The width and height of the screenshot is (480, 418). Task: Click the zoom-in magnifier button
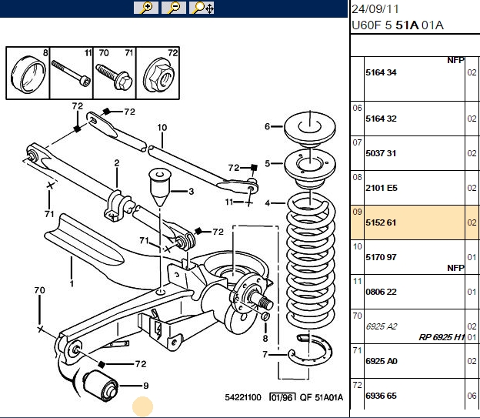click(146, 8)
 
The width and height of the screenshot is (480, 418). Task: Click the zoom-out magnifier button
click(174, 8)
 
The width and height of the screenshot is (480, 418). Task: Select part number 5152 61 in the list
click(381, 222)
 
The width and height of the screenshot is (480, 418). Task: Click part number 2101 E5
click(381, 188)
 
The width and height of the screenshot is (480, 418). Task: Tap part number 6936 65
click(381, 396)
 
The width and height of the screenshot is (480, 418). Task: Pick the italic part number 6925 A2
click(381, 326)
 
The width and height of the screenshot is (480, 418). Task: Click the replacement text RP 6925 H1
click(442, 337)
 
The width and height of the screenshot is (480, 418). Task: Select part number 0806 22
click(381, 292)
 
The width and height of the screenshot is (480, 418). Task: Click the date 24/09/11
click(375, 9)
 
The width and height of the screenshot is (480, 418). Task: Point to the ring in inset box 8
click(28, 74)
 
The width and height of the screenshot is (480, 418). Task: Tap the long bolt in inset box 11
click(71, 74)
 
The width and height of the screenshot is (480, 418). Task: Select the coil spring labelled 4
click(310, 260)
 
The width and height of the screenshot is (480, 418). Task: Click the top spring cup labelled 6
click(310, 129)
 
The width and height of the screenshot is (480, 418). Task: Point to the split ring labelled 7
click(310, 349)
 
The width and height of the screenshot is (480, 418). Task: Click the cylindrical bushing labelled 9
click(101, 386)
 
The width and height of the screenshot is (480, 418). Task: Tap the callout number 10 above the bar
click(162, 128)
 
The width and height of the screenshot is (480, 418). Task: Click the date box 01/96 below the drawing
click(282, 397)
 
